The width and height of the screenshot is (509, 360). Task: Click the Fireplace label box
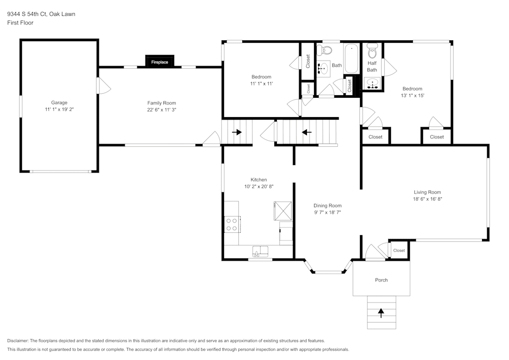tap(160, 62)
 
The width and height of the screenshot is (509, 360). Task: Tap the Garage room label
tap(59, 102)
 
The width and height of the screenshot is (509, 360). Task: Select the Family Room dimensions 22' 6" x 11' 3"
tap(161, 109)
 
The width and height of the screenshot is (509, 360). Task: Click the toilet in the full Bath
tap(324, 50)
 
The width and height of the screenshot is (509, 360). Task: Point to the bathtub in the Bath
tap(352, 59)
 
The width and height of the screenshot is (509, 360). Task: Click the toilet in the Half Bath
tap(372, 51)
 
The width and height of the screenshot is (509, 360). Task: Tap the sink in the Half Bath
tap(372, 83)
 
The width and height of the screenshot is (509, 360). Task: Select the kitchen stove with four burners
tap(232, 224)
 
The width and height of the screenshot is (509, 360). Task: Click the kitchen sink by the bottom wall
tap(261, 251)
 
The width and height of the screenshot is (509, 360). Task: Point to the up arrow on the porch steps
tap(381, 312)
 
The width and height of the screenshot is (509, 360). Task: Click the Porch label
tap(381, 280)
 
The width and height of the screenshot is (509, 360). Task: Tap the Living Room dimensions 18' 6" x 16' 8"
tap(428, 199)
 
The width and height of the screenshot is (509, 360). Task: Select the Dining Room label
tap(327, 206)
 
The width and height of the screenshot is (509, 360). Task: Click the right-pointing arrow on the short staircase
tap(237, 132)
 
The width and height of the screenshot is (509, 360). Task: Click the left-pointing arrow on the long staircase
tap(306, 132)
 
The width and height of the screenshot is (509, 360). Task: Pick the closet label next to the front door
tap(399, 250)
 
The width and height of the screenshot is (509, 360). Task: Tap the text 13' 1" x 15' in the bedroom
tap(412, 96)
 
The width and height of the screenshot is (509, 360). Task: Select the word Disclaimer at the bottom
tap(18, 341)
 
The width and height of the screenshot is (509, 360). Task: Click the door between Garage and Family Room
tap(103, 85)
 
